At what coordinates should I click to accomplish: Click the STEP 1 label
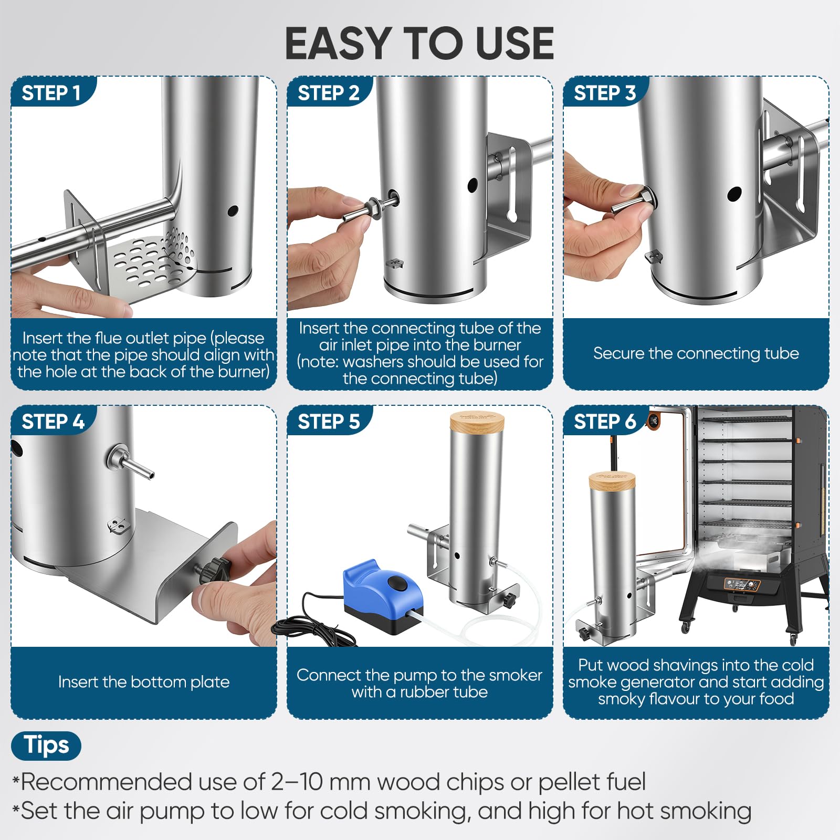tap(51, 93)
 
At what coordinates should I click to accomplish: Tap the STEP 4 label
tap(53, 422)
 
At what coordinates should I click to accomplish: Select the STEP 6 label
tap(605, 422)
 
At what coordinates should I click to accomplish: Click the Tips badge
tap(46, 745)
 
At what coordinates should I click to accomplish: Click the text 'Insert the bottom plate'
tap(144, 681)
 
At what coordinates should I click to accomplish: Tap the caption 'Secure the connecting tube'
tap(696, 353)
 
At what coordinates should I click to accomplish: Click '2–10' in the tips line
tap(297, 782)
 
